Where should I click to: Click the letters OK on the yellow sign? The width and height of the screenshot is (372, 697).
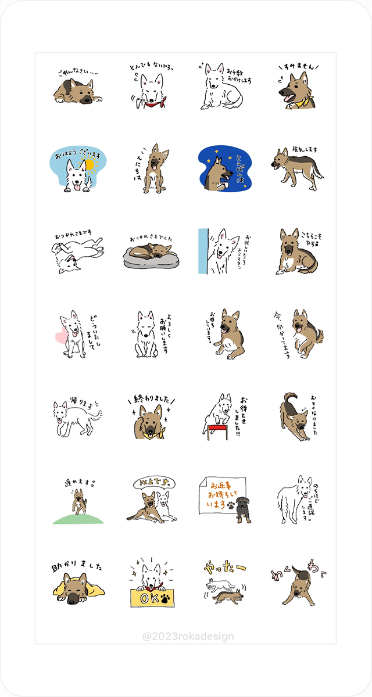point(146,598)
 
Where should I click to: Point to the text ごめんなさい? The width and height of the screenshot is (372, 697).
point(74,73)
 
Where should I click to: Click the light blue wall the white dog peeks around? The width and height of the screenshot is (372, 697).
point(202,251)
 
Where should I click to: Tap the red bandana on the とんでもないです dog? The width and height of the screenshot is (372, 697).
point(155,105)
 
